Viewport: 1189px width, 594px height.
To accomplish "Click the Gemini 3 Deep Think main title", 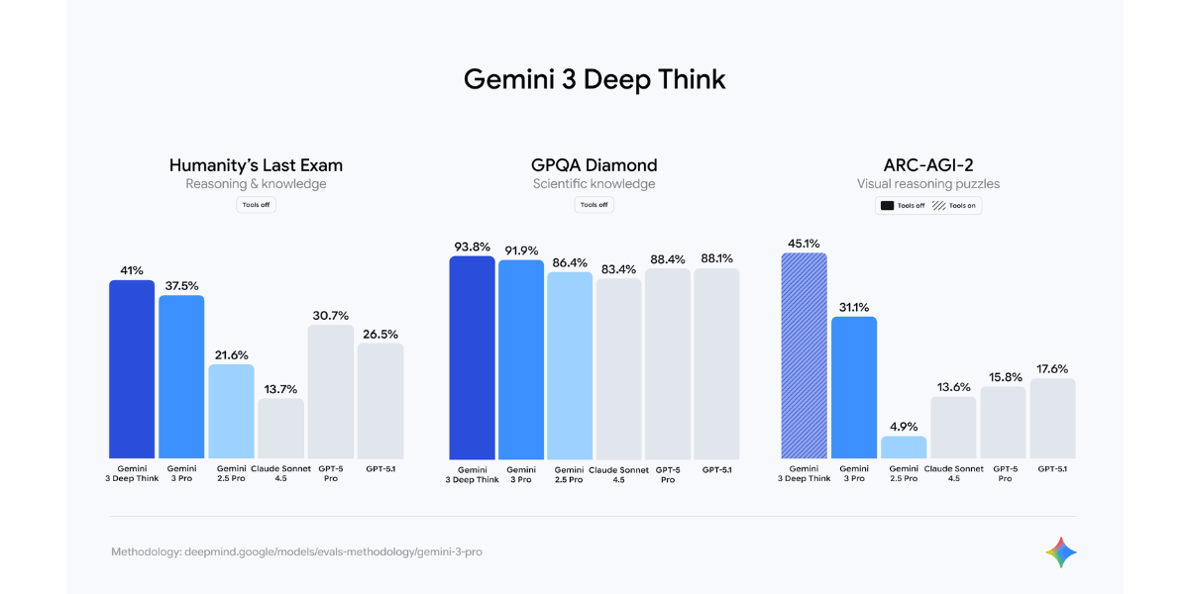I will (x=594, y=79).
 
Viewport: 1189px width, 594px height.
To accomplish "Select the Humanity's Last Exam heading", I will (x=256, y=165).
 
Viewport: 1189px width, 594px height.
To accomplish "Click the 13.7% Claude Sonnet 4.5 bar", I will (x=280, y=429).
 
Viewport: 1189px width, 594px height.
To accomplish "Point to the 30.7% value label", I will (x=330, y=315).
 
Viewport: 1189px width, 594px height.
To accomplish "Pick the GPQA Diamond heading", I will (x=594, y=165).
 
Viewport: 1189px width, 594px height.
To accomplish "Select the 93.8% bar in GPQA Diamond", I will (x=472, y=357).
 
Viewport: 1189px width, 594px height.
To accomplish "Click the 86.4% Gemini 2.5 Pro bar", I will (x=570, y=365).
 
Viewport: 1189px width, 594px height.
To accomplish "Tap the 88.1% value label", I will (x=716, y=259).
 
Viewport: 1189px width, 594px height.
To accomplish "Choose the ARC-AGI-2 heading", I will (x=928, y=165).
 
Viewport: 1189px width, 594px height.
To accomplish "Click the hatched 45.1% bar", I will (x=804, y=355).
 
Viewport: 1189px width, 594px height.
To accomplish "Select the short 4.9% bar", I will (x=904, y=447).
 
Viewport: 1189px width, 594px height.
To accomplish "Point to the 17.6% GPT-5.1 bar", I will (x=1052, y=419).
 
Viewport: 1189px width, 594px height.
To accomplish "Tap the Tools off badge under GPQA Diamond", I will (x=594, y=205).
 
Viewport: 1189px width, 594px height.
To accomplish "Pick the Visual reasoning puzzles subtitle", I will (x=928, y=184).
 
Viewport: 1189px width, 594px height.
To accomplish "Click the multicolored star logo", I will (x=1060, y=552).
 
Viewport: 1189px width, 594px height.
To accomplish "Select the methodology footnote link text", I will (x=296, y=551).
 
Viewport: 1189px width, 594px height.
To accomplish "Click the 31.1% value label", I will (x=854, y=307).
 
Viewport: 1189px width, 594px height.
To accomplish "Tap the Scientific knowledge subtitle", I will (x=594, y=184).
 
